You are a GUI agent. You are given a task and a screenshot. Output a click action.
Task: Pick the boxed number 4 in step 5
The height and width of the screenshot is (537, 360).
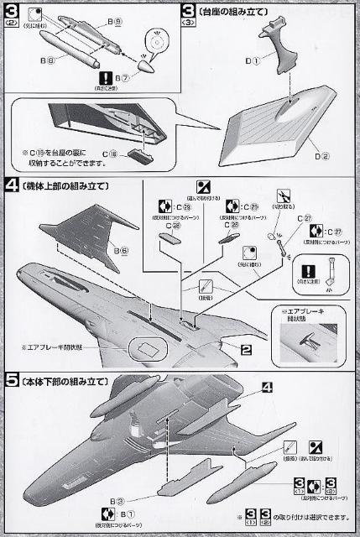point(268,387)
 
